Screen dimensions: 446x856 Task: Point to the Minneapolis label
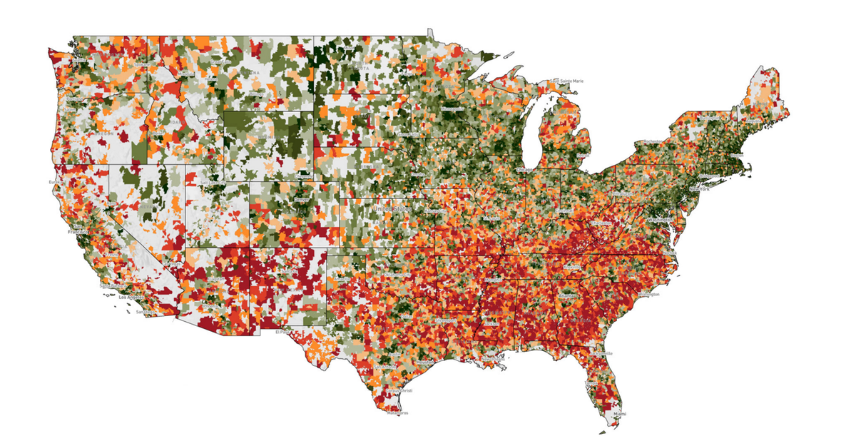pyautogui.click(x=451, y=108)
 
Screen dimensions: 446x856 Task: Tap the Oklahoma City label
pyautogui.click(x=394, y=275)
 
